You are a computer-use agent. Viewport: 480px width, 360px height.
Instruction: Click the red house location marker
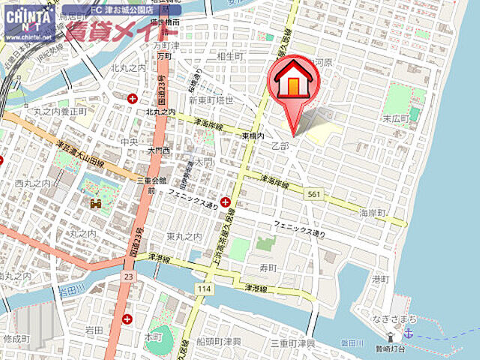coord(293,84)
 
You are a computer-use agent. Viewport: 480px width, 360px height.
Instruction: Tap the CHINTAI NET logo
coord(28,22)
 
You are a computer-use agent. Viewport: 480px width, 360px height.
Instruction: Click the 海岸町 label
coord(371,213)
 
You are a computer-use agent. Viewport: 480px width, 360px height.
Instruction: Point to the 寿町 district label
coord(268,267)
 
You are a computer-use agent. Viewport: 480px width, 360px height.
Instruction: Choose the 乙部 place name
coord(280,145)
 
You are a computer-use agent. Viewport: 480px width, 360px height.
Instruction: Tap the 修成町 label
coord(16,340)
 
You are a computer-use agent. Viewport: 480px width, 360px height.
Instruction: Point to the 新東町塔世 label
coord(211,100)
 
